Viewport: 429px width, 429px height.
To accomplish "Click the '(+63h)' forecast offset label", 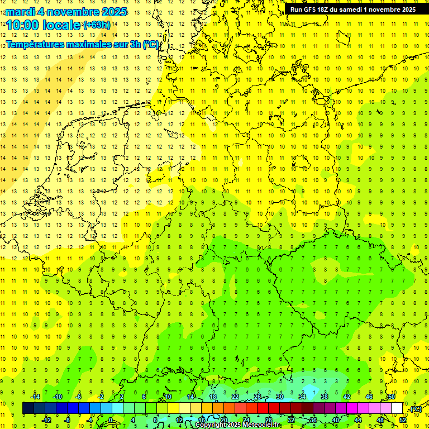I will coord(97,25).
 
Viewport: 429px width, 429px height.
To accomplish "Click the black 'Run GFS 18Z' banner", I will coord(352,9).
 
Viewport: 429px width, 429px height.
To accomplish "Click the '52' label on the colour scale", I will coord(402,420).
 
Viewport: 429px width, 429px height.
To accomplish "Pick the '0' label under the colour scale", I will coord(110,420).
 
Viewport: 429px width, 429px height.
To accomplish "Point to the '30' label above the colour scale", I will coord(279,397).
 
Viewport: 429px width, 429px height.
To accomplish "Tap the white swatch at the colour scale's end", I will coord(397,408).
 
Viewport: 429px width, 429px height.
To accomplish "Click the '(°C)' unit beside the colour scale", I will coord(415,409).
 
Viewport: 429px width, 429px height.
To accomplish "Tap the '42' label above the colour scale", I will coord(346,397).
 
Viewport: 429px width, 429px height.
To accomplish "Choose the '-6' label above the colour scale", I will coord(79,397).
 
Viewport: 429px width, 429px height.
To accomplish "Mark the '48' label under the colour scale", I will coord(380,420).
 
